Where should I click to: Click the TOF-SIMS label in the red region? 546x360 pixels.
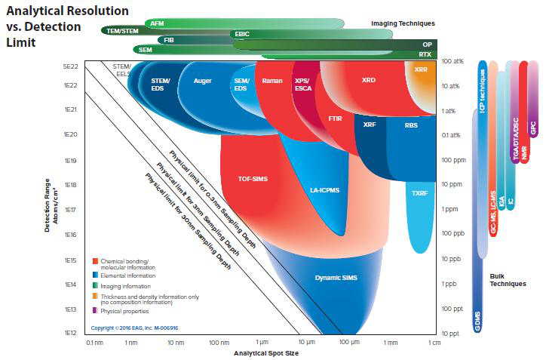(x=253, y=179)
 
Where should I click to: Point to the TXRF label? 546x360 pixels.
(x=419, y=193)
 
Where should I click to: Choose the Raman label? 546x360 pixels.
(x=271, y=80)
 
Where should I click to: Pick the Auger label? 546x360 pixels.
(x=202, y=80)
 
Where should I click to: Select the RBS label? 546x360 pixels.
(x=411, y=125)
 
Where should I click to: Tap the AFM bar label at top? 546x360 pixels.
(x=157, y=23)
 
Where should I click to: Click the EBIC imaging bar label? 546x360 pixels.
(x=242, y=34)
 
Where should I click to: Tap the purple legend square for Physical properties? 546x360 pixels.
(x=95, y=311)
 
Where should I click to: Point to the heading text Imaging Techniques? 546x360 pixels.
(x=400, y=23)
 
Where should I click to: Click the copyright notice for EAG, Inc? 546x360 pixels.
(x=134, y=328)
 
